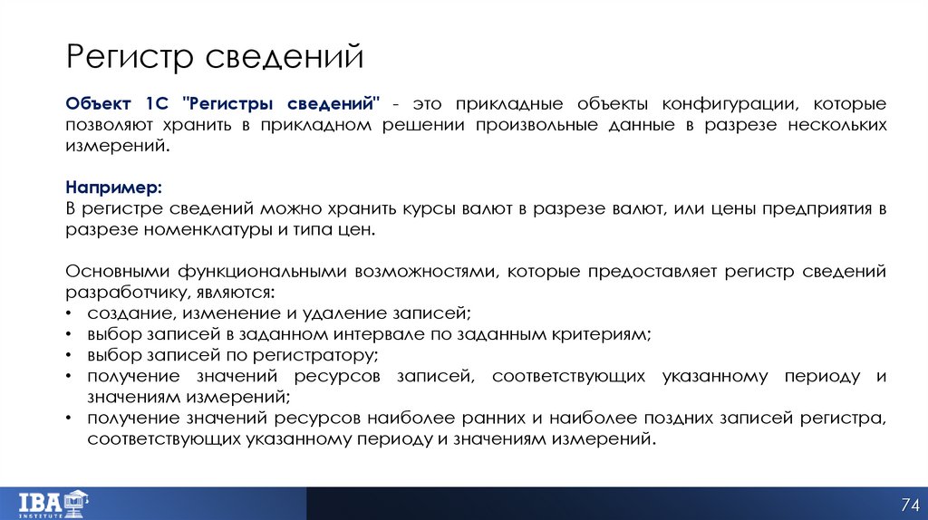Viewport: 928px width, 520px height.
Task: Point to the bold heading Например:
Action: point(114,187)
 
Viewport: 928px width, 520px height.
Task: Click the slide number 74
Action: point(909,504)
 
